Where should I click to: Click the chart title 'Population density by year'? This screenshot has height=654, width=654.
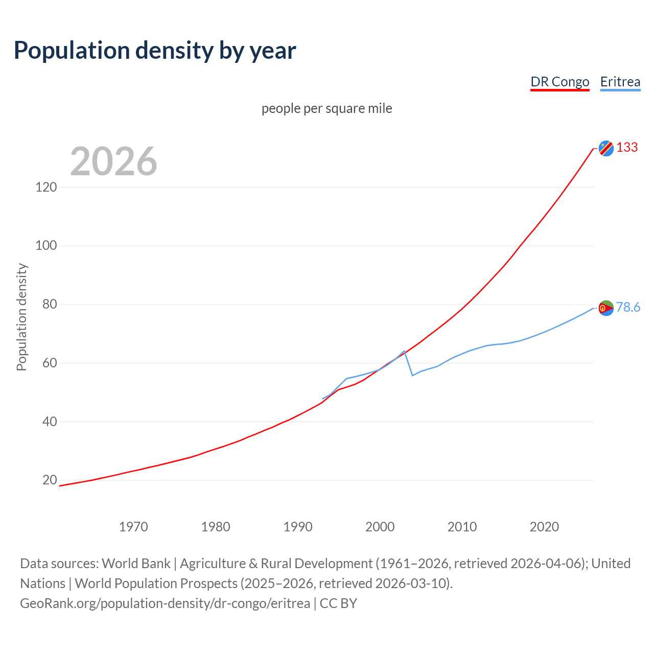coord(155,50)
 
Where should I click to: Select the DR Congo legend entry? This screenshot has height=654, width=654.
coord(559,82)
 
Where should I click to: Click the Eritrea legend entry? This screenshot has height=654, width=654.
coord(620,82)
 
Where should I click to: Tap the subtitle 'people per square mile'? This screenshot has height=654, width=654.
coord(326,108)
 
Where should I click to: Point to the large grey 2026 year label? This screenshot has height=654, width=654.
coord(113,161)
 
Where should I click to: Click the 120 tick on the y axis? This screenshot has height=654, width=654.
coord(46,187)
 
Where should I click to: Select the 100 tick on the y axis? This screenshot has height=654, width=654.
coord(46,246)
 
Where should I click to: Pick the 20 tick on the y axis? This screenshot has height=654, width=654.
coord(50,480)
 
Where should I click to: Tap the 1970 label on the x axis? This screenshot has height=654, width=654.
coord(133,527)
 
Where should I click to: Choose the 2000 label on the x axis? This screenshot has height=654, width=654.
coord(380,527)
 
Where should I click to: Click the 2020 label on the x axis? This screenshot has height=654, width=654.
coord(544,527)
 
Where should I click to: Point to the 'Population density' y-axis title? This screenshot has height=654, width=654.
coord(21,317)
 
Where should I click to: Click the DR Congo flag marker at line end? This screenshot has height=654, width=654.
coord(606,148)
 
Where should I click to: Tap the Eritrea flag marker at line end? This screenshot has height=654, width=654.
coord(606,308)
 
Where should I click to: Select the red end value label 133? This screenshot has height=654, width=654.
coord(627,147)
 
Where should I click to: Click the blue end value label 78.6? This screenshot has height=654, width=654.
coord(628,307)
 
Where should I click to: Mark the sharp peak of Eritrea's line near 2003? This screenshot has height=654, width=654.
coord(404,351)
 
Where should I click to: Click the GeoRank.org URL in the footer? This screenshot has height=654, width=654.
coord(165,603)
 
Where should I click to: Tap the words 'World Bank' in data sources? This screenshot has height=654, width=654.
coord(136,564)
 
